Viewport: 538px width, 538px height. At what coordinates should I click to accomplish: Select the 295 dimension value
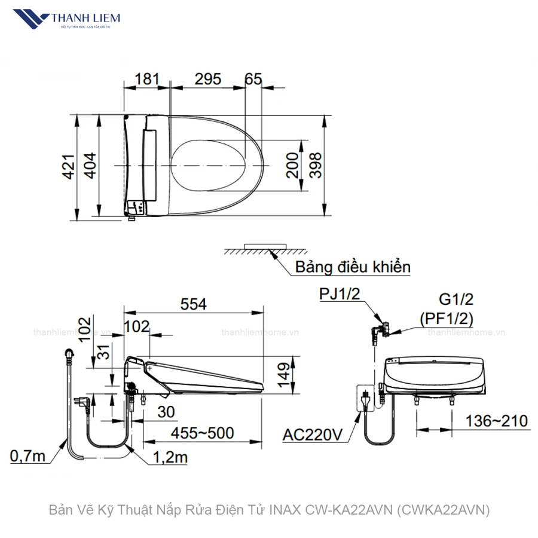pos(207,78)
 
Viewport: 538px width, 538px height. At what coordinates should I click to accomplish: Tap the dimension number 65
pos(253,78)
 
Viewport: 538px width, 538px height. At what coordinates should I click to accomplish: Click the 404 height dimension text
pos(90,166)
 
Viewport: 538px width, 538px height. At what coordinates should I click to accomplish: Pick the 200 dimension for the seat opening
pos(292,166)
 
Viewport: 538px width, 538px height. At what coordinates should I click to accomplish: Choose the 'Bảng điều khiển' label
pos(353,267)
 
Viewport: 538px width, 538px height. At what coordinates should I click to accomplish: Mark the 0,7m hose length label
pos(27,457)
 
